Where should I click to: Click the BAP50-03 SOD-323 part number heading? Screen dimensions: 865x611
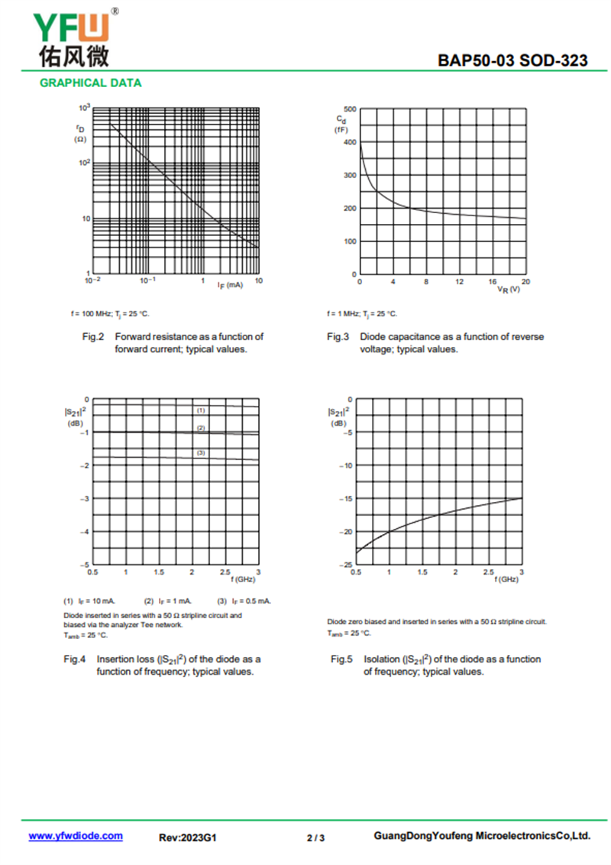tap(512, 60)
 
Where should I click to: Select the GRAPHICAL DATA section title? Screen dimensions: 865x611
tap(90, 83)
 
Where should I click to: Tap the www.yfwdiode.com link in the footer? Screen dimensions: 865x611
tap(76, 836)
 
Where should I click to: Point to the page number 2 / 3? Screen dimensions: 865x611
tap(315, 837)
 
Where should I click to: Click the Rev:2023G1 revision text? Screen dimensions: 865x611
tap(188, 837)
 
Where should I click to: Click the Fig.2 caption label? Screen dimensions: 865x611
tap(92, 337)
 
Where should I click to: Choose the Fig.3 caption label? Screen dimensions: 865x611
tap(338, 337)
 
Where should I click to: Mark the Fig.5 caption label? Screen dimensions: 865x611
tap(341, 659)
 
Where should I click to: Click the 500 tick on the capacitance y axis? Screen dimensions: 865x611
tap(350, 109)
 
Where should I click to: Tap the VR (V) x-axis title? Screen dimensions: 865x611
tap(509, 290)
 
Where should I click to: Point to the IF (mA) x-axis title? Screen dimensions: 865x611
tap(230, 284)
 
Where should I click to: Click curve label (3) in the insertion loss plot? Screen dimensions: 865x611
tap(201, 453)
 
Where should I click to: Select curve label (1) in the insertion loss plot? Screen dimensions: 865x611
tap(201, 410)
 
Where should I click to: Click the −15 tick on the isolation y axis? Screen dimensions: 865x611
tap(346, 499)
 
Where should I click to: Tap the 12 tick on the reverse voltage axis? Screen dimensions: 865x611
tap(459, 282)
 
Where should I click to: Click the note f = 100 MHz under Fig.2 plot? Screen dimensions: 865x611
tap(107, 313)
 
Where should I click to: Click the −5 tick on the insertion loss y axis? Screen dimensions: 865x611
tap(86, 565)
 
